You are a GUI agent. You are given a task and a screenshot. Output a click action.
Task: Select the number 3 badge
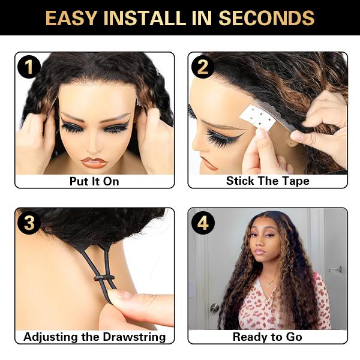click(x=28, y=223)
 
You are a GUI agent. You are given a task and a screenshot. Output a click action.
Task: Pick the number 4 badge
click(x=203, y=223)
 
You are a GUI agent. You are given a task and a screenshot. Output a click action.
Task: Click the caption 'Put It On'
click(x=94, y=181)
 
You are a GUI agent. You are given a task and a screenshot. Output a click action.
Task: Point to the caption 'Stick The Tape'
click(x=268, y=181)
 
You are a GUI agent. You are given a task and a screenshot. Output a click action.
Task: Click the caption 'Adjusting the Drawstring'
click(x=94, y=337)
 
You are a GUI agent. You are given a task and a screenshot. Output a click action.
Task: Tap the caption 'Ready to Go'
click(x=268, y=337)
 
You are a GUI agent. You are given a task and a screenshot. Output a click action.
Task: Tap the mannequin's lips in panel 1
click(x=94, y=162)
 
